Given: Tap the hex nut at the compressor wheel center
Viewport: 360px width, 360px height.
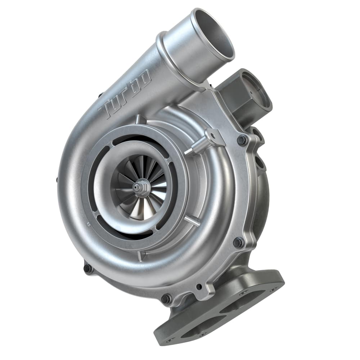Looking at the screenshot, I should tap(139, 187).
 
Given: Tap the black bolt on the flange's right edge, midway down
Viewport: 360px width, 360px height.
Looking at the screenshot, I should tap(238, 242).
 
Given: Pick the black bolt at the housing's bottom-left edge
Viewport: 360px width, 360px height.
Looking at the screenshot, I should tap(87, 269).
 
